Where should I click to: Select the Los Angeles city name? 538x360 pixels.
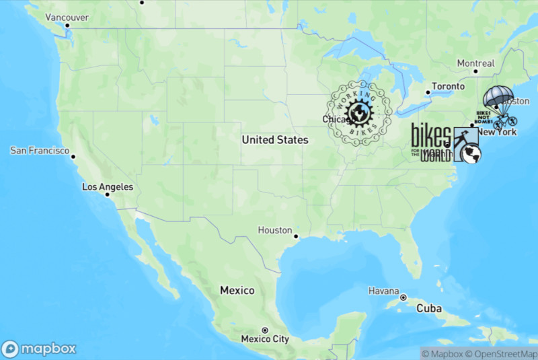click(107, 186)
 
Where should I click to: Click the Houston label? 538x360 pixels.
click(274, 230)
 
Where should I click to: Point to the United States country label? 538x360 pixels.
click(274, 140)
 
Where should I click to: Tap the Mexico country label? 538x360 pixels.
click(237, 290)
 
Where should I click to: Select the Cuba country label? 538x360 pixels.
click(428, 308)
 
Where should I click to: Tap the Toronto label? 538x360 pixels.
click(448, 86)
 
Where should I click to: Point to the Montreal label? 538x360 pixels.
click(475, 63)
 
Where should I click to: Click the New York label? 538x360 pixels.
click(497, 132)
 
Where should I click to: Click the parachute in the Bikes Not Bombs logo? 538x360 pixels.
click(498, 97)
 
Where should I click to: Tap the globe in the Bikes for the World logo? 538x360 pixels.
click(472, 154)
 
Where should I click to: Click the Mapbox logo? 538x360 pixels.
click(38, 349)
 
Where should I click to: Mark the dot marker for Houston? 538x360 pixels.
click(296, 236)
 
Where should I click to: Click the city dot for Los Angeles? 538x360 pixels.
click(107, 196)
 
